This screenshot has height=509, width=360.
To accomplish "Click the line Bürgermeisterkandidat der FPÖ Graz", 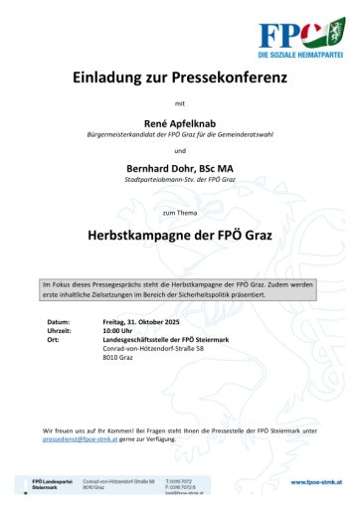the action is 180,133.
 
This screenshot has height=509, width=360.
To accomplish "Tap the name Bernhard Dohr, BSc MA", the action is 180,166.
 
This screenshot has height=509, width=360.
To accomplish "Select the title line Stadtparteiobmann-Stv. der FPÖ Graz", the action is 180,179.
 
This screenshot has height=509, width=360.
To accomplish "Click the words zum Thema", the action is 180,213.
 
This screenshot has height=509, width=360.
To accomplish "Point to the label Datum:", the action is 59,322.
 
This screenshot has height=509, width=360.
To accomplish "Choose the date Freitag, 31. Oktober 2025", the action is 145,322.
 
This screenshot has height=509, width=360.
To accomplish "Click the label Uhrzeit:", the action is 61,331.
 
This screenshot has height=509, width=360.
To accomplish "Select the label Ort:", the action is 54,340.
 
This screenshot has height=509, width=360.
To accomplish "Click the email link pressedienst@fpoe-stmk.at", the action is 81,437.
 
